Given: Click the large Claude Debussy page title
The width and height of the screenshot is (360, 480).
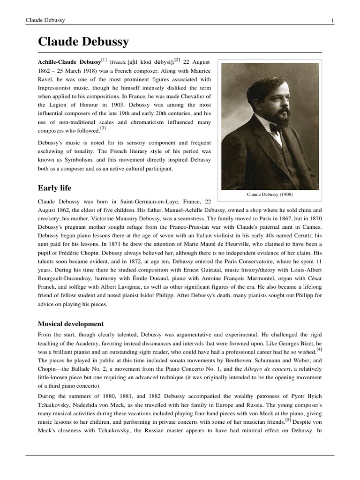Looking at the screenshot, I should (83, 42).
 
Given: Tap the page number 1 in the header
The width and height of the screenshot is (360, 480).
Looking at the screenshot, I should (332, 20).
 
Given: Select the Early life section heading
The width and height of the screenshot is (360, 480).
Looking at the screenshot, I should (54, 188).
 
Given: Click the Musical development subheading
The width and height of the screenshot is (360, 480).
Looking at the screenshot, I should (70, 324).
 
